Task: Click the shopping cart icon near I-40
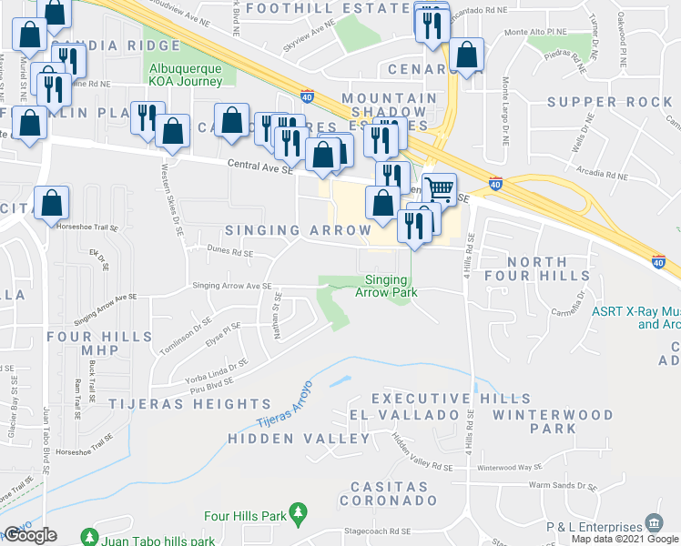[439, 188]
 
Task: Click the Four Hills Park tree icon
[297, 514]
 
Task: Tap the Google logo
[30, 535]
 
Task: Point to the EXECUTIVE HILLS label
[451, 399]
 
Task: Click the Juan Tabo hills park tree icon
[89, 538]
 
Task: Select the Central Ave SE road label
[260, 166]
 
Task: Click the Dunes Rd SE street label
[229, 254]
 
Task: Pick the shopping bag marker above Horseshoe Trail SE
[52, 203]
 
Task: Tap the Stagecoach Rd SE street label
[377, 531]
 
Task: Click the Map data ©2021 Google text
[624, 539]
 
